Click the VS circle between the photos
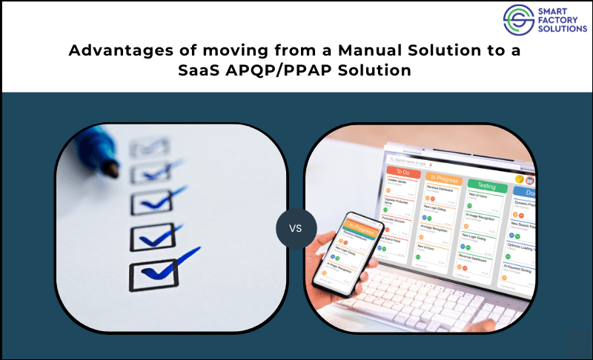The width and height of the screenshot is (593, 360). (x=296, y=227)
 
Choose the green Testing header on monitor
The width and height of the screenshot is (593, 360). (x=486, y=187)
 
